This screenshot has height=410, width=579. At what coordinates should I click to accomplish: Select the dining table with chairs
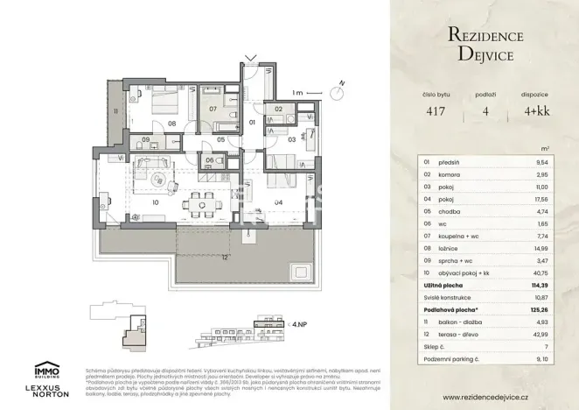(205, 201)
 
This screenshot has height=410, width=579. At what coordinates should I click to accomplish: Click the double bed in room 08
(160, 102)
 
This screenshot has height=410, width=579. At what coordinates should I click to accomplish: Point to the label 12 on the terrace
(225, 257)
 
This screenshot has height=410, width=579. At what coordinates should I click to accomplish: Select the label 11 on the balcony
(114, 111)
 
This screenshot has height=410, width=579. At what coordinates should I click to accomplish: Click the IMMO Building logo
(46, 371)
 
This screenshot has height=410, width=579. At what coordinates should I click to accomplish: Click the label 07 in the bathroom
(212, 110)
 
